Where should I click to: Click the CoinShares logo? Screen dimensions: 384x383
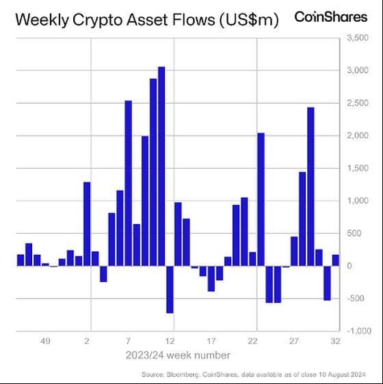(330, 17)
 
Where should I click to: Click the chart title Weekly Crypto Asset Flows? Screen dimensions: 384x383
(146, 20)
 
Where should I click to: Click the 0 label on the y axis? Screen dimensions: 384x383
(351, 266)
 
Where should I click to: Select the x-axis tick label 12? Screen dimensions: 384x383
(170, 340)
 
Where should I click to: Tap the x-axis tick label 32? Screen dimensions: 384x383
(335, 340)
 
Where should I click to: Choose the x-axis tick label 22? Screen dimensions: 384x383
(252, 340)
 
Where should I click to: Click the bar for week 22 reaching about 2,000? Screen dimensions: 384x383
(261, 199)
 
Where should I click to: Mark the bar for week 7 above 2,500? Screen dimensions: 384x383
(128, 183)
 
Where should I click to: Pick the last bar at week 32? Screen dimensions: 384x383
(335, 260)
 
